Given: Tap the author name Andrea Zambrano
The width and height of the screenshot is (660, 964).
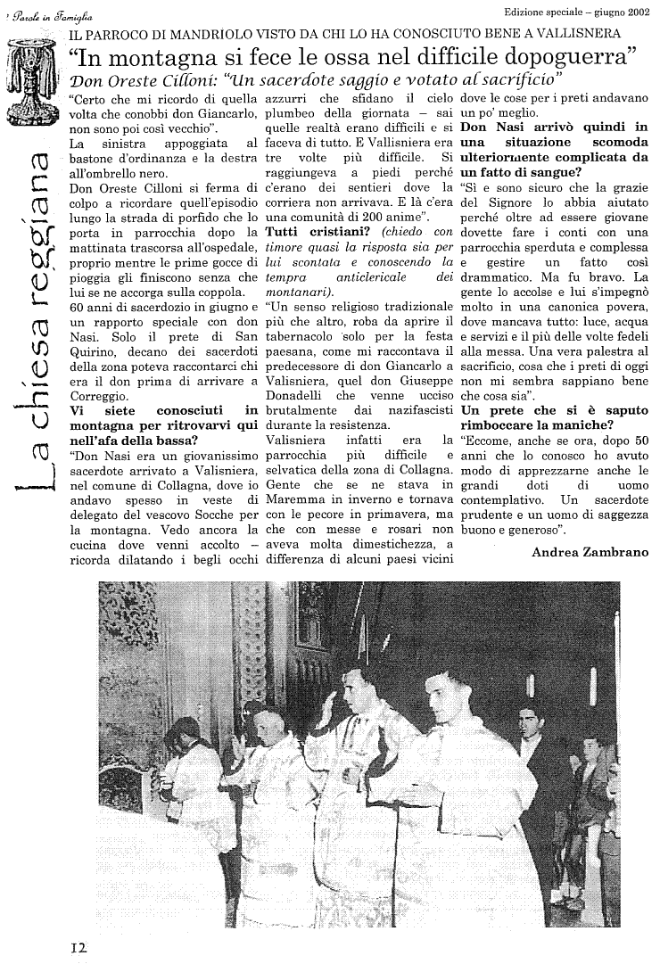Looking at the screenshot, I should pos(590,552).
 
